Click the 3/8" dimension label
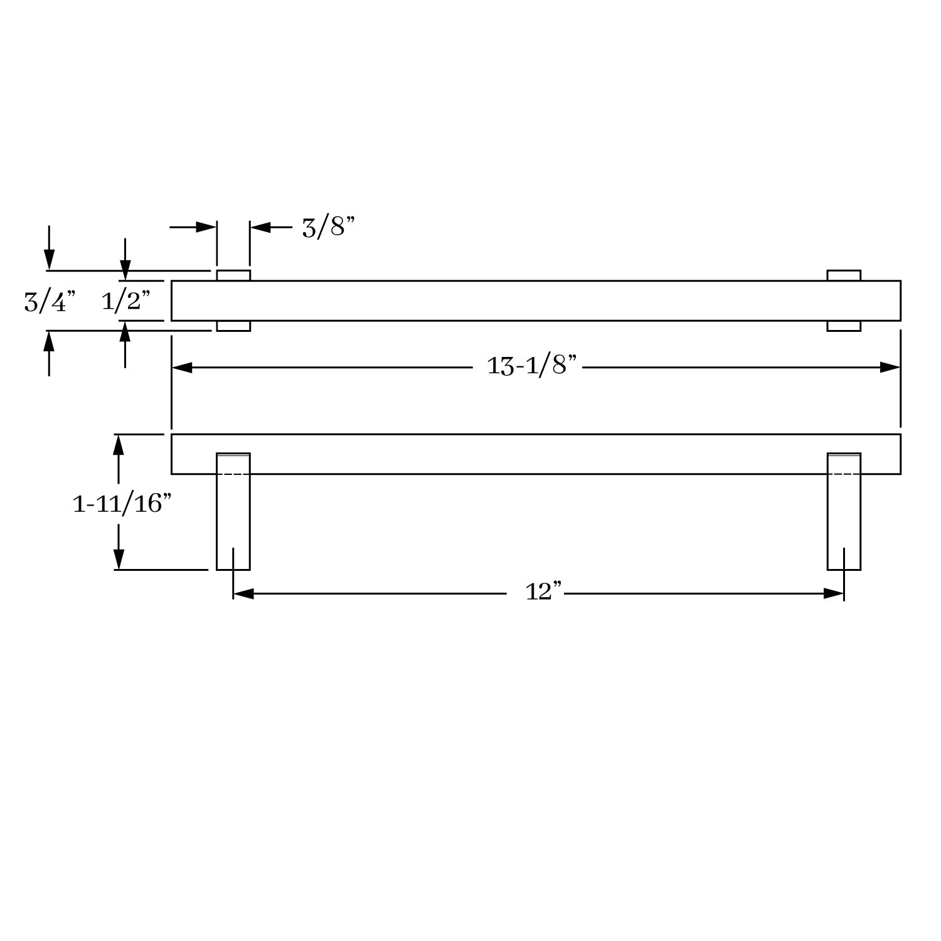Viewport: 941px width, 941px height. pos(328,227)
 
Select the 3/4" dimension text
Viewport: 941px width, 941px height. pos(50,302)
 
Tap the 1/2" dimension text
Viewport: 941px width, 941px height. pos(125,301)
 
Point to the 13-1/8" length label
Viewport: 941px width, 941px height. pos(531,365)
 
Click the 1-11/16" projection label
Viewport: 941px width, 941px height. pos(122,503)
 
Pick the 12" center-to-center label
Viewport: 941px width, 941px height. pos(543,591)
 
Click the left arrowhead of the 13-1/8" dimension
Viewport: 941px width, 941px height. pos(182,368)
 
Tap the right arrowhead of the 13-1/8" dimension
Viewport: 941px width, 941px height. pos(890,368)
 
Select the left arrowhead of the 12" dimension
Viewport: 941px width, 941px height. pos(243,593)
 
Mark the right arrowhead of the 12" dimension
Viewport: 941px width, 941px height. pos(834,593)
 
